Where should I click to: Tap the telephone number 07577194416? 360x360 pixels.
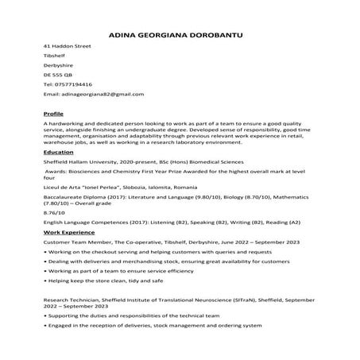[x=73, y=83]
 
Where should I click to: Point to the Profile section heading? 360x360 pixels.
[x=53, y=114]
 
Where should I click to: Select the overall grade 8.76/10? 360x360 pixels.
[x=54, y=212]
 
